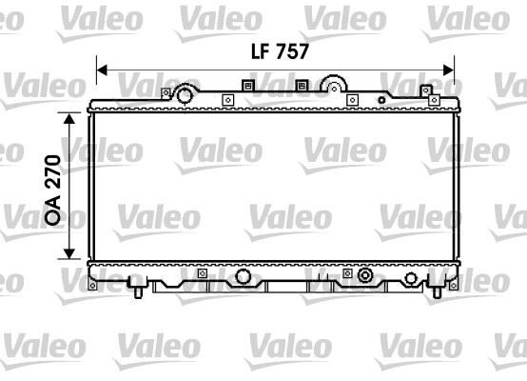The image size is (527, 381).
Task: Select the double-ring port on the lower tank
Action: pos(363,277)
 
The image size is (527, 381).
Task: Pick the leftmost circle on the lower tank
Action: pos(244,276)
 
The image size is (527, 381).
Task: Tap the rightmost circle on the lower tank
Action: pos(410,280)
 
